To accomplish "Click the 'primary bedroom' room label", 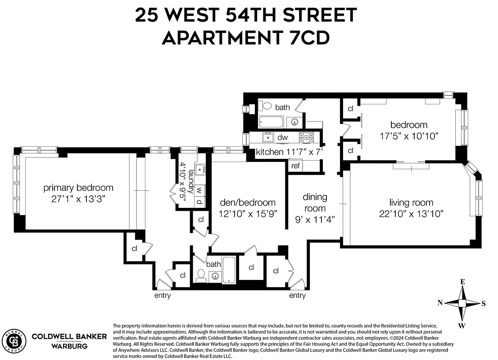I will (x=78, y=188).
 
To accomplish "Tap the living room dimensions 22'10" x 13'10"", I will (x=412, y=214).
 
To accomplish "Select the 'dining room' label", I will (x=315, y=202).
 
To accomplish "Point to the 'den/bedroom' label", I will (x=248, y=202).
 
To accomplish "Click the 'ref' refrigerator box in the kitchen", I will (x=295, y=166).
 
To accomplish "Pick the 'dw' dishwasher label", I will (x=282, y=137).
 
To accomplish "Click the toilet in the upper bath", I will (x=267, y=107).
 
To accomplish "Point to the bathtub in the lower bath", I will (x=229, y=270).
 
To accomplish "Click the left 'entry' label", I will (x=162, y=295).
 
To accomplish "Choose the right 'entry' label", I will (x=297, y=295).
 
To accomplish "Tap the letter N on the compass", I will (x=440, y=303).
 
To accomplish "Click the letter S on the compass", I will (x=484, y=303).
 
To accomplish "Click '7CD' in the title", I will (x=308, y=38).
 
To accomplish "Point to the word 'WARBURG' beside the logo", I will (x=69, y=346).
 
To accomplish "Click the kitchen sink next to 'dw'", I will (x=269, y=137).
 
